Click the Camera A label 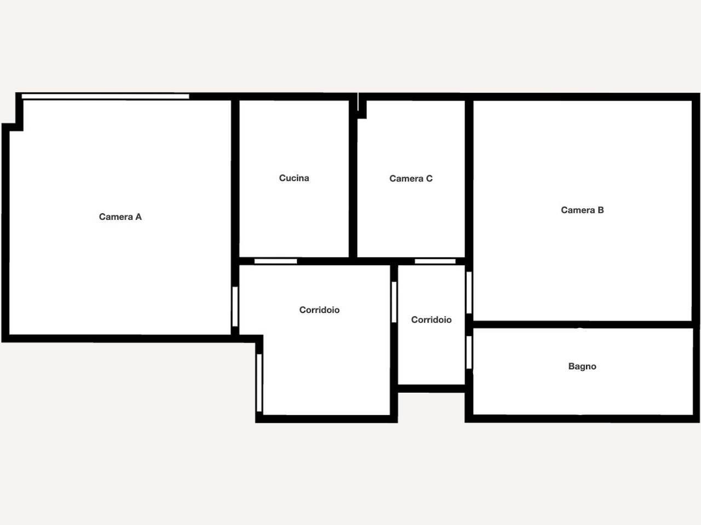point(120,217)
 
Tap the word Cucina point(294,178)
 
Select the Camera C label point(411,178)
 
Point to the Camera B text point(582,210)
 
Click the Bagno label point(582,366)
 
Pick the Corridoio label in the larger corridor point(319,310)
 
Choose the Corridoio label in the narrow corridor point(431,320)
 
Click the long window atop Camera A point(105,96)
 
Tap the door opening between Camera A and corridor point(235,306)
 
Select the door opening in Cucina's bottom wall point(275,261)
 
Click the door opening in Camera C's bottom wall point(435,261)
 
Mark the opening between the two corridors point(394,302)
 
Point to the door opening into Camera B point(469,293)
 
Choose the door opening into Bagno point(469,352)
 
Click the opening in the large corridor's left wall point(260,383)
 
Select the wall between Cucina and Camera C point(353,178)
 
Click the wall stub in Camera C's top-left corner point(362,109)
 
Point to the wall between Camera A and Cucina point(235,178)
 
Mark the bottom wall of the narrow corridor point(431,389)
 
